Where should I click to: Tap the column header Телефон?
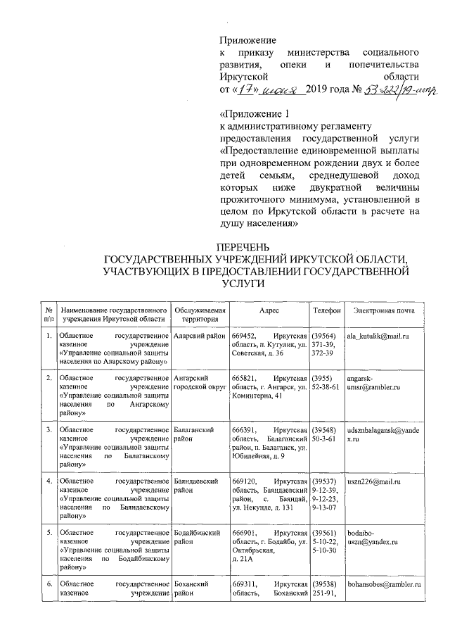[326, 310]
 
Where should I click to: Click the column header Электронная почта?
[384, 310]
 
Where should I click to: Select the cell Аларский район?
[199, 337]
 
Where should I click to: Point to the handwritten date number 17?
[244, 90]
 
